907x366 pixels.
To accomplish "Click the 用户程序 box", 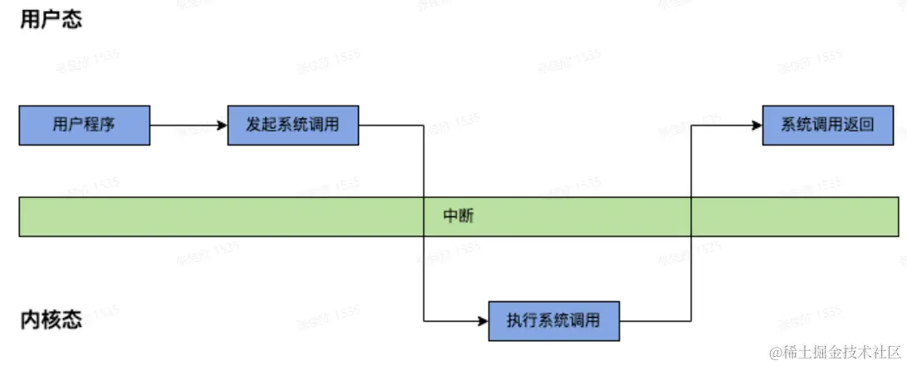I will point(84,126).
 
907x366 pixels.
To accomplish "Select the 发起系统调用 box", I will point(293,126).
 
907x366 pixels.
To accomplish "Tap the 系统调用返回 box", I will point(828,126).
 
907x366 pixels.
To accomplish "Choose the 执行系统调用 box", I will point(554,320).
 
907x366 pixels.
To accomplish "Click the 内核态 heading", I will point(51,320).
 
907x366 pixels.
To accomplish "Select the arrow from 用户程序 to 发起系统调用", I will point(189,126).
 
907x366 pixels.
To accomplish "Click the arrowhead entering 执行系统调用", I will point(483,320).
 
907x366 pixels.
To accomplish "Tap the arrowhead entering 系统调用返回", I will point(757,126).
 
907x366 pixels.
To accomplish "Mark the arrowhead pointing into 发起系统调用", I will point(223,126).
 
